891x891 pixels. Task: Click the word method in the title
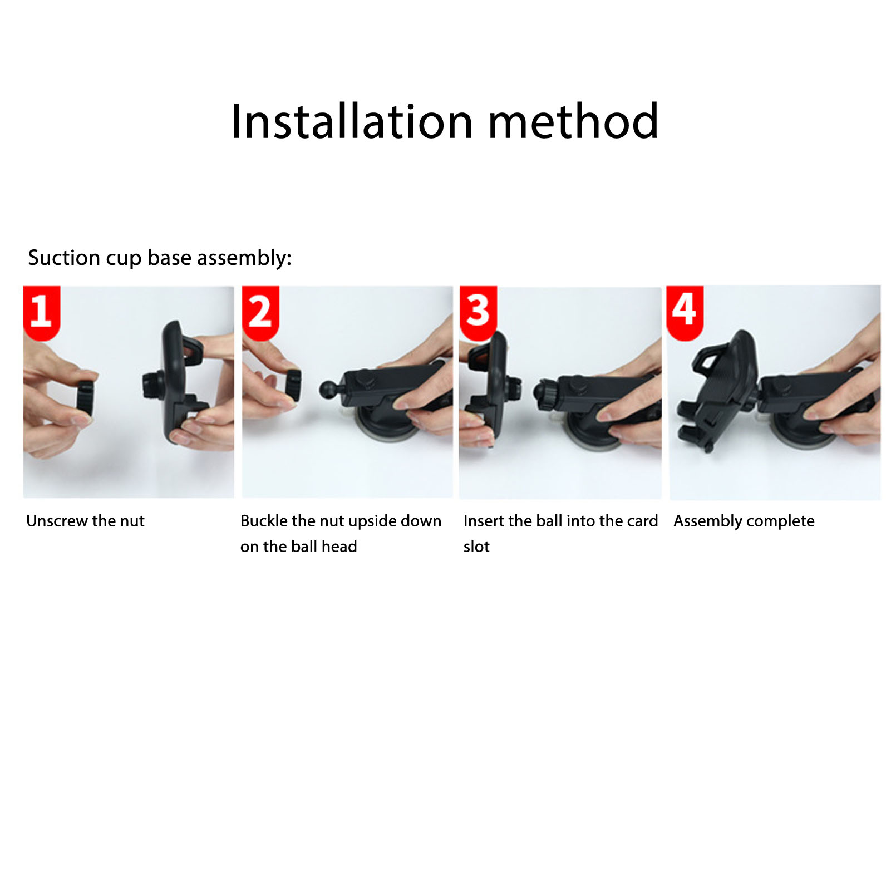tap(573, 121)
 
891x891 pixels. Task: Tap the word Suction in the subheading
tap(64, 258)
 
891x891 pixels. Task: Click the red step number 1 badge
tap(41, 312)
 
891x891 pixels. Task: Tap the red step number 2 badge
tap(260, 312)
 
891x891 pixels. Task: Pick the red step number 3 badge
tap(478, 312)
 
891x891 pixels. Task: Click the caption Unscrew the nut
tap(85, 521)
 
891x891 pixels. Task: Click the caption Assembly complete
tap(744, 521)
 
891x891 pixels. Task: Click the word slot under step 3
tap(476, 547)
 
